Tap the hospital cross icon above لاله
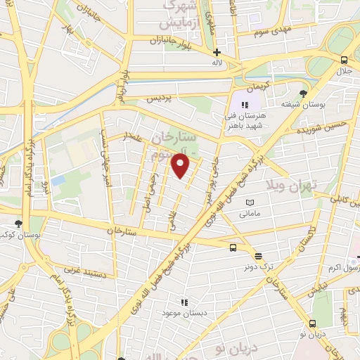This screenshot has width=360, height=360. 217,52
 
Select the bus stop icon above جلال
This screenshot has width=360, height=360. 343,60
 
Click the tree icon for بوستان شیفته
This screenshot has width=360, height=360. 303,94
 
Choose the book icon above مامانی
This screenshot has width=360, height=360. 250,202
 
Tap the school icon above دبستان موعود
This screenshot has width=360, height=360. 185,301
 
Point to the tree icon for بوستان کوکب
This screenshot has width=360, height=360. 18,224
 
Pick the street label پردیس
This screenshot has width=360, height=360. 160,99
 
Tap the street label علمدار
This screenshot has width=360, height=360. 134,134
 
